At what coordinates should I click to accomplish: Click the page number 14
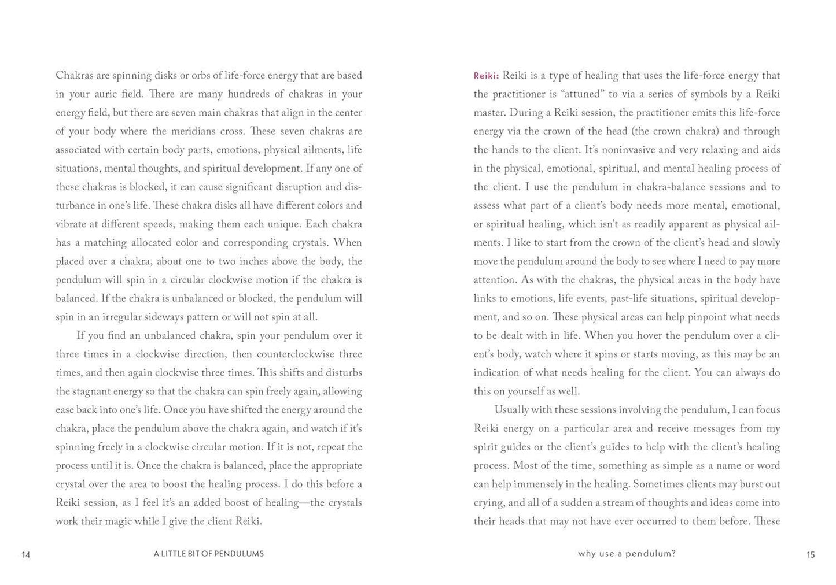click(25, 555)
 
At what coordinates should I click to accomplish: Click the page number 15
click(811, 555)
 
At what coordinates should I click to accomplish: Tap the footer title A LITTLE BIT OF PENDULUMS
click(209, 554)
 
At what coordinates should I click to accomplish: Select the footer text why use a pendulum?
click(627, 554)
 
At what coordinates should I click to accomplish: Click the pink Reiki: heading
click(486, 76)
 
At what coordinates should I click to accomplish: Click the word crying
click(488, 503)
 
